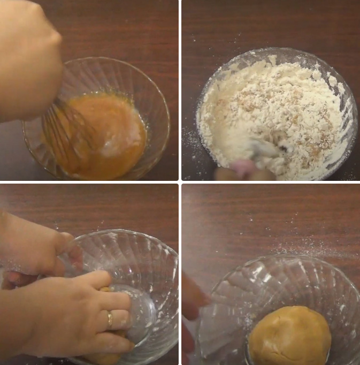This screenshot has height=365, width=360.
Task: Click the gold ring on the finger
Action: (x=110, y=320)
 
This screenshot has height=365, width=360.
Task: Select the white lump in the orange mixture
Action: (x=116, y=145)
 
